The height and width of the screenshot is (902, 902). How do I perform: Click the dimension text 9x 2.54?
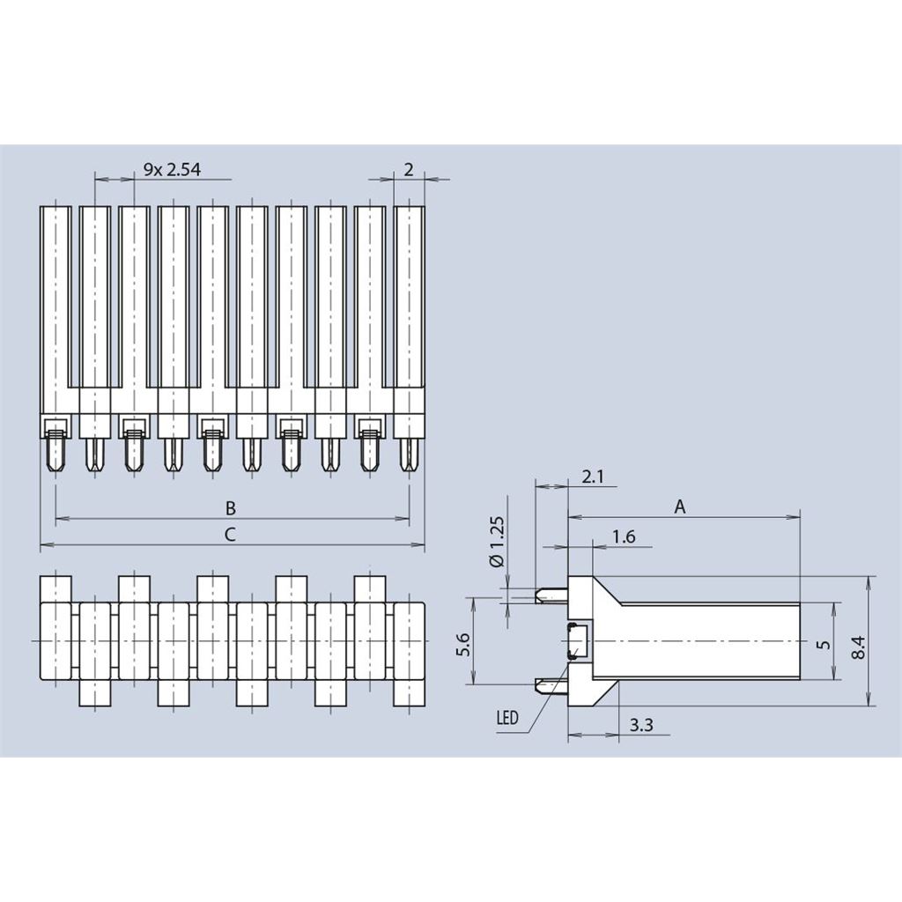click(x=172, y=170)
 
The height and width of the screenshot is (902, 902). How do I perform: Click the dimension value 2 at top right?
click(x=409, y=170)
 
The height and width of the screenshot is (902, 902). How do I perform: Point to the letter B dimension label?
click(x=230, y=508)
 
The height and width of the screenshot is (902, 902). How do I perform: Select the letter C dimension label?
click(x=230, y=534)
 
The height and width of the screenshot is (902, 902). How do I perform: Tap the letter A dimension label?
click(x=680, y=506)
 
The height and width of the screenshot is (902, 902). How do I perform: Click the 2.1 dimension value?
click(x=594, y=477)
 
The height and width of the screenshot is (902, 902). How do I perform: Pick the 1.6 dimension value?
click(x=624, y=536)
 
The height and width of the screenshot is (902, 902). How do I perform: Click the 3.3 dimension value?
click(x=642, y=726)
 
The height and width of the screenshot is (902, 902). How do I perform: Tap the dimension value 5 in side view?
click(x=824, y=644)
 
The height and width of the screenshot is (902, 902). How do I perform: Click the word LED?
click(x=507, y=718)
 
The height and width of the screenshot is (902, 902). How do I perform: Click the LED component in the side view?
click(x=580, y=640)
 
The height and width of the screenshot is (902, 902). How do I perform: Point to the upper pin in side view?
click(x=551, y=595)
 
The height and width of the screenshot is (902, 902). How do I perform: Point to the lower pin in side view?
click(x=551, y=684)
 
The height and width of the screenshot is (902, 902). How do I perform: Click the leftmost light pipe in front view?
click(x=55, y=308)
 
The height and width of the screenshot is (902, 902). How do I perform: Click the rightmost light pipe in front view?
click(x=409, y=308)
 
